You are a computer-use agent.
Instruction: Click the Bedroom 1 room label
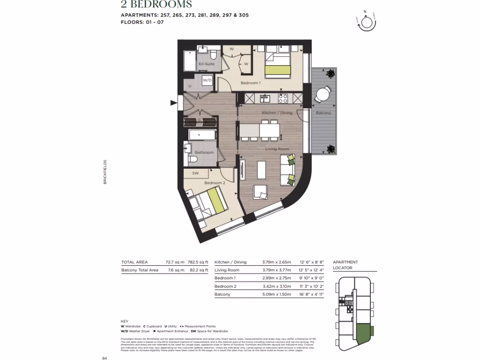[x=250, y=83]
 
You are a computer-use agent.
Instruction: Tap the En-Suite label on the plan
[x=206, y=64]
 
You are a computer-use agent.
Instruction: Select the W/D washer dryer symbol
[x=207, y=80]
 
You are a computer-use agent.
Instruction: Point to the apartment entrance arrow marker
[x=174, y=103]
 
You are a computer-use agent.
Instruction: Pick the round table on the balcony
[x=322, y=95]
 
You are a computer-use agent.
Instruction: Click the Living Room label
[x=277, y=149]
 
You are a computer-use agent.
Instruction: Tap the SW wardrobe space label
[x=195, y=173]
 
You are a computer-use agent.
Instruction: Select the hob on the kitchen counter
[x=283, y=98]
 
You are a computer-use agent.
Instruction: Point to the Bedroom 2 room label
[x=215, y=183]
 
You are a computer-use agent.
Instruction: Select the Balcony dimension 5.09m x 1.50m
[x=276, y=294]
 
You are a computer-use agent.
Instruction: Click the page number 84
[x=105, y=358]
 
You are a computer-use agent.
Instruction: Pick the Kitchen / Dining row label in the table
[x=230, y=262]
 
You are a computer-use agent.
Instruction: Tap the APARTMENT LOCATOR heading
[x=345, y=265]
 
